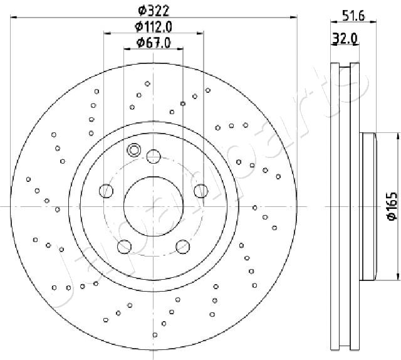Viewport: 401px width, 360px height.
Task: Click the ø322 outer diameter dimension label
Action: pyautogui.click(x=154, y=11)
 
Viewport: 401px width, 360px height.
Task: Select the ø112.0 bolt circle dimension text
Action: pyautogui.click(x=154, y=26)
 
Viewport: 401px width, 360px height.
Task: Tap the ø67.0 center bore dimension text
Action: pyautogui.click(x=154, y=43)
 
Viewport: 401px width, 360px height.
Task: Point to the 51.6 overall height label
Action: pyautogui.click(x=353, y=16)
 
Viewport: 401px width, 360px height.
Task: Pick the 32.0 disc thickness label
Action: pyautogui.click(x=345, y=39)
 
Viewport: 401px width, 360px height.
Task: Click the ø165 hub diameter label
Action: pyautogui.click(x=392, y=206)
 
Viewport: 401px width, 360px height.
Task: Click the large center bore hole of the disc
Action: pyautogui.click(x=154, y=206)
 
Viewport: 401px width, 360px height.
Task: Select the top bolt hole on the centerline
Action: pyautogui.click(x=154, y=156)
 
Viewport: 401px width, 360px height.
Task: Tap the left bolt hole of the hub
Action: pyautogui.click(x=106, y=191)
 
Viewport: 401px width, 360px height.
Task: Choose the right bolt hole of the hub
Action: pyautogui.click(x=201, y=191)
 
